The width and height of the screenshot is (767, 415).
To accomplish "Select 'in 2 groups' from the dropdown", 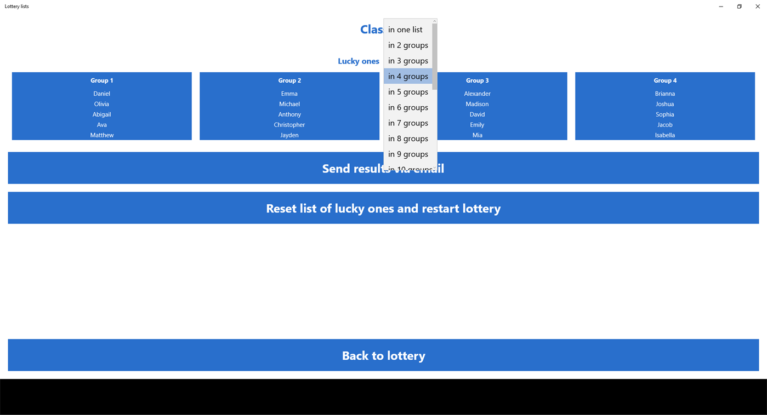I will pos(408,45).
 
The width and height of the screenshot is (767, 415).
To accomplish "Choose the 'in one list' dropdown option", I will pos(406,30).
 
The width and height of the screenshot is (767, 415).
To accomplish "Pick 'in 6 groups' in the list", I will pos(408,108).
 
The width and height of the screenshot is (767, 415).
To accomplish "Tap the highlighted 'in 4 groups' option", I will pos(408,77).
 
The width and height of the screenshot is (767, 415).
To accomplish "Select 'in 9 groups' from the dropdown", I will pos(408,154).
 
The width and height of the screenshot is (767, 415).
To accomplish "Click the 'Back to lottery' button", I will pos(383,355).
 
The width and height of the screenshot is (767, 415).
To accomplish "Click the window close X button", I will pos(758,7).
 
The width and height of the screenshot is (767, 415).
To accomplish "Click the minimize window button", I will pos(721,7).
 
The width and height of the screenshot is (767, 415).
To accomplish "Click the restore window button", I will pos(739,7).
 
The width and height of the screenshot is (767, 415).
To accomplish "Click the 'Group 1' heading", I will pos(102,80).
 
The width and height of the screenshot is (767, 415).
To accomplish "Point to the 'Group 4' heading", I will pos(665,80).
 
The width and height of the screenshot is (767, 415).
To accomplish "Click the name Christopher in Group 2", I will pos(289,125).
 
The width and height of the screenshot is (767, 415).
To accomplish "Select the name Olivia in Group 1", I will pos(101,104).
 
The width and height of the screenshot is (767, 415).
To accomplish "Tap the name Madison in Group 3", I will pos(477,104).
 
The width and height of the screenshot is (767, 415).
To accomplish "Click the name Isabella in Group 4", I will pos(664,135).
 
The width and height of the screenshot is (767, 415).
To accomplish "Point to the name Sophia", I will pos(664,114).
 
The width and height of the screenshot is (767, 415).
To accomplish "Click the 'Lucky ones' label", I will pos(359,61).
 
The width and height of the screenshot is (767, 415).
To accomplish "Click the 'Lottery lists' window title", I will pos(17,7).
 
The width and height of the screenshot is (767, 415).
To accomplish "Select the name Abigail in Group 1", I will pos(101,114).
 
